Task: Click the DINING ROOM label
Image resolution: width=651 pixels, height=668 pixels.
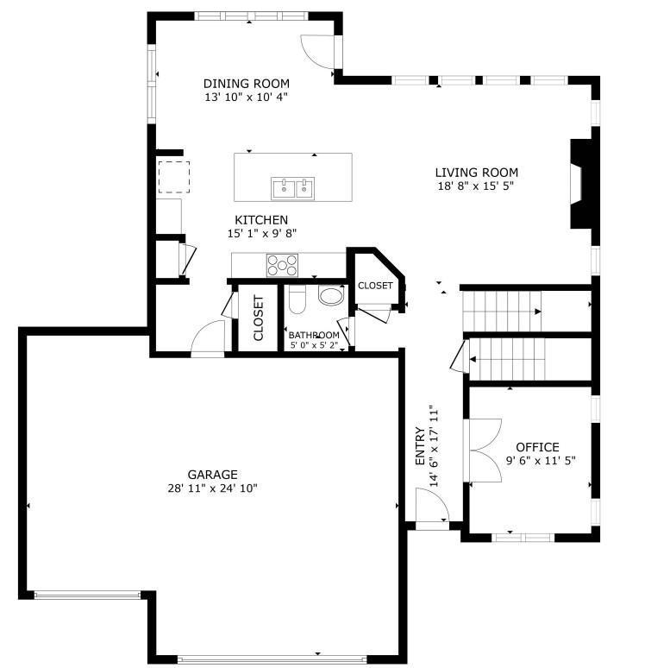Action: pyautogui.click(x=246, y=84)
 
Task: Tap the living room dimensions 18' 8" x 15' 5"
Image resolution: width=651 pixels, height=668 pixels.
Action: pyautogui.click(x=476, y=186)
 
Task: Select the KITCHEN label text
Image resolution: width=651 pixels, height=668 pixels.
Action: pyautogui.click(x=261, y=220)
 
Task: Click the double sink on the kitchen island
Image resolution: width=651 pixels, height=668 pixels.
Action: pyautogui.click(x=293, y=187)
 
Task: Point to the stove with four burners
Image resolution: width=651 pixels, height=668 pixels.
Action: pyautogui.click(x=282, y=263)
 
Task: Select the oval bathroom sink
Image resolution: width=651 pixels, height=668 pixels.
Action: pyautogui.click(x=330, y=297)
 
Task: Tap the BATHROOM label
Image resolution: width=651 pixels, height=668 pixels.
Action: pyautogui.click(x=314, y=335)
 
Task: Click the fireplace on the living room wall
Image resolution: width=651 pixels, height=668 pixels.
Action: pyautogui.click(x=579, y=184)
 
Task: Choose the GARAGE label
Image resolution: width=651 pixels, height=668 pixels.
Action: pyautogui.click(x=212, y=475)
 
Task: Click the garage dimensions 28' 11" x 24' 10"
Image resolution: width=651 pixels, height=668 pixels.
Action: pyautogui.click(x=212, y=488)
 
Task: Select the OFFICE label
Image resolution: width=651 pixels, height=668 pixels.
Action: pyautogui.click(x=537, y=447)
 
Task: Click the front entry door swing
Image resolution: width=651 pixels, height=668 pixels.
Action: pyautogui.click(x=430, y=506)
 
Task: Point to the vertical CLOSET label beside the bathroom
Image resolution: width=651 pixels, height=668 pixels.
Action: pyautogui.click(x=258, y=318)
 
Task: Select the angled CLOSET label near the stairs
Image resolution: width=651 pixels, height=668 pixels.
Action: pyautogui.click(x=375, y=286)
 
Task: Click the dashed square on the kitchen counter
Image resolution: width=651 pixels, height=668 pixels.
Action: pyautogui.click(x=173, y=177)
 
